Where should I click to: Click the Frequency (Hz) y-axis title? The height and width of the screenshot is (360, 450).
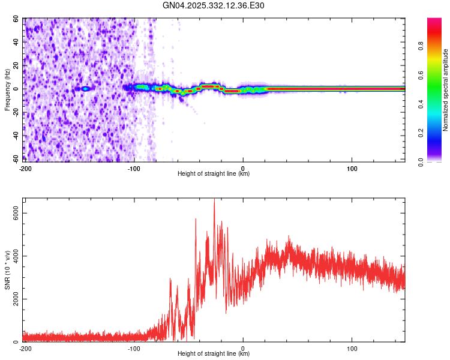click(7, 89)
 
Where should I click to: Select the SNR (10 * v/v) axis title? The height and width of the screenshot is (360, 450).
click(7, 270)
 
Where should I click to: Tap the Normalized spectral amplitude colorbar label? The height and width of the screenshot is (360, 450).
click(446, 90)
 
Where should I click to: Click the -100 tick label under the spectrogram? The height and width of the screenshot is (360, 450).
click(134, 168)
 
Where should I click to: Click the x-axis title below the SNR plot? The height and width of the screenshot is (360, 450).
click(214, 355)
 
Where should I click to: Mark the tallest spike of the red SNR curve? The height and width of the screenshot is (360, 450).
click(214, 201)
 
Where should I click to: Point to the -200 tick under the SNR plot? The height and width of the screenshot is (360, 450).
click(25, 348)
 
